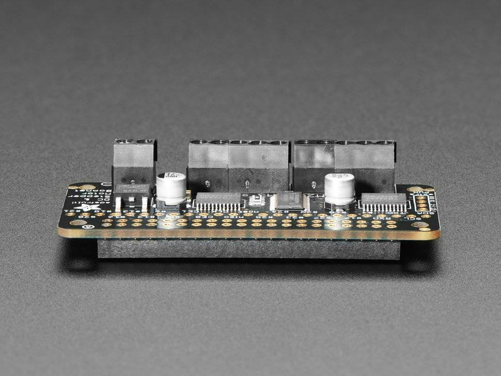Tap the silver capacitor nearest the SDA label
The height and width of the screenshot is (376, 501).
point(339,189)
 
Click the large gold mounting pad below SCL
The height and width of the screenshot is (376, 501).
point(420,225)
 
